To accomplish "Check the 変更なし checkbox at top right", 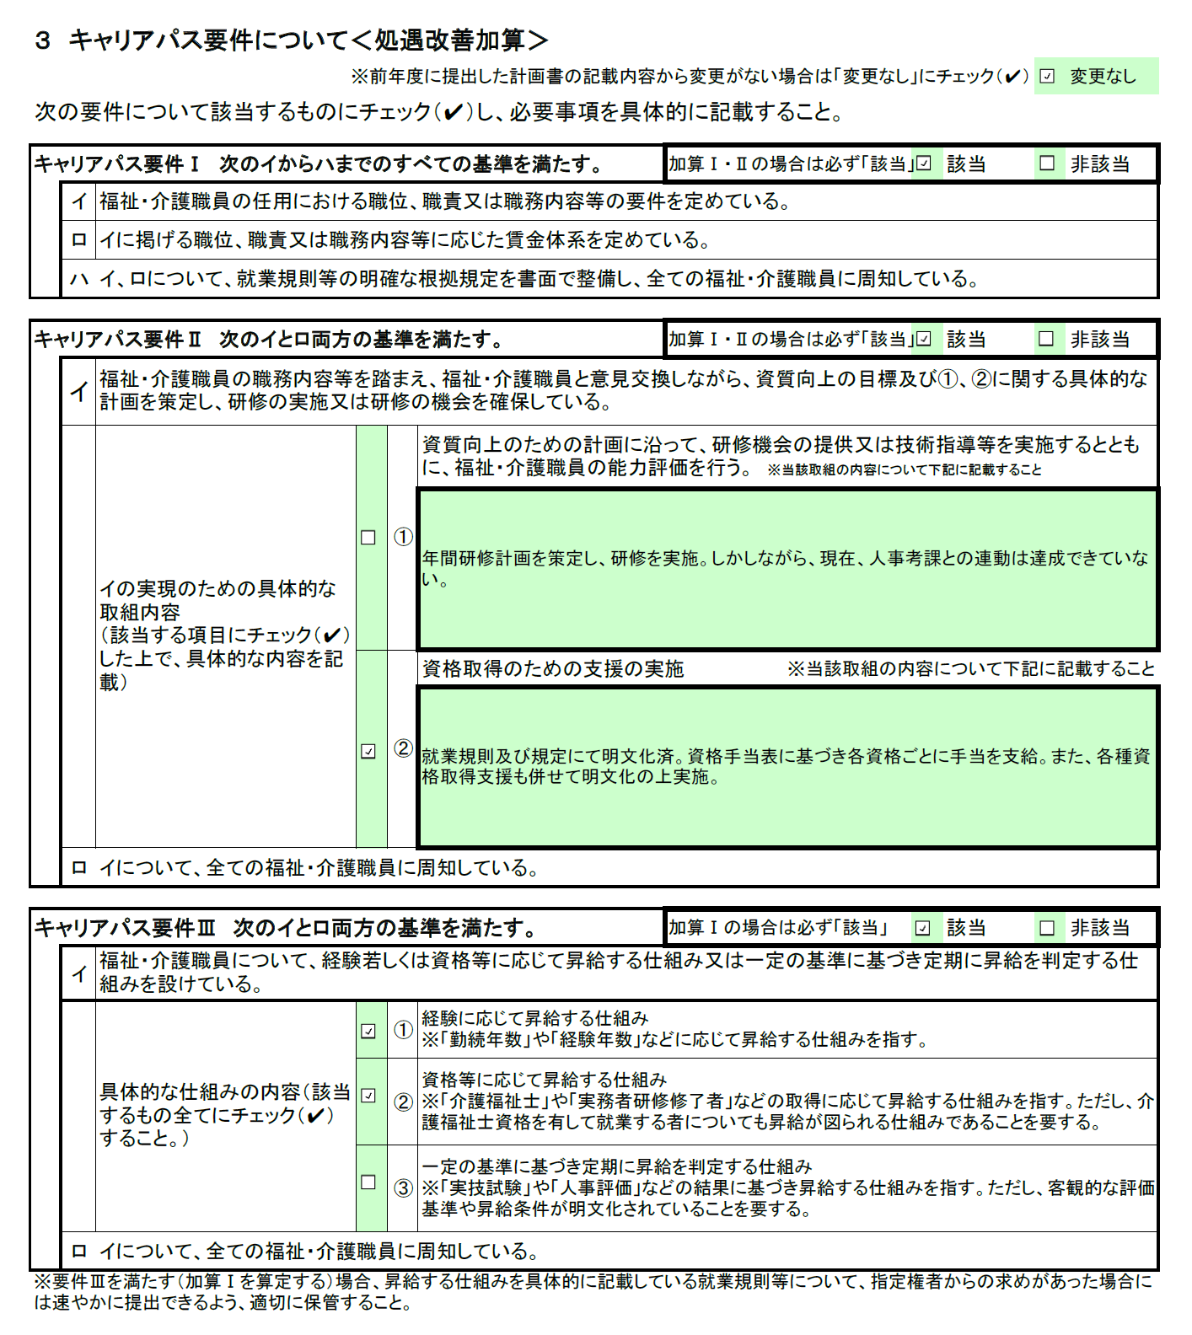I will point(1047,76).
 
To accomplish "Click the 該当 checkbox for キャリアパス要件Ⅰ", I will point(924,164).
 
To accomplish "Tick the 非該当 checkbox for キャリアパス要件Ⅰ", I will point(1047,164).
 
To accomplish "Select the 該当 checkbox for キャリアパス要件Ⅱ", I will point(924,339).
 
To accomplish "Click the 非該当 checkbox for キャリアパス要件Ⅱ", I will point(1047,339).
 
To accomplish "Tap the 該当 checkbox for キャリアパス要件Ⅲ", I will point(923,928).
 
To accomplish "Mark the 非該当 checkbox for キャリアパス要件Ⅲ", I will point(1047,928).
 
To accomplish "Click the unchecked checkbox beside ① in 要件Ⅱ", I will point(368,537).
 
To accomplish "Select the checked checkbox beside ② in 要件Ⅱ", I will point(368,750).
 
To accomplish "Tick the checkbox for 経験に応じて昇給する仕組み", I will point(368,1030).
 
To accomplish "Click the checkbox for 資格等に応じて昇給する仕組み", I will point(368,1096).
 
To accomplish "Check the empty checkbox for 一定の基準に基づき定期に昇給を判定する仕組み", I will point(368,1182).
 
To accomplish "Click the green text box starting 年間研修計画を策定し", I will point(787,569).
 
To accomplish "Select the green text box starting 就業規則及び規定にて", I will point(787,767).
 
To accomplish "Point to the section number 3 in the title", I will point(43,40).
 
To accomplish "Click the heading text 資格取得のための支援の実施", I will point(552,669).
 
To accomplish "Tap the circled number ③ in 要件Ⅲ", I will point(404,1188).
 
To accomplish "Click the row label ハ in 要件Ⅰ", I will point(78,279).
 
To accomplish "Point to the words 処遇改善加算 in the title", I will point(450,40).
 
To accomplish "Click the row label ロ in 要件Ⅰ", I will point(78,240).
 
